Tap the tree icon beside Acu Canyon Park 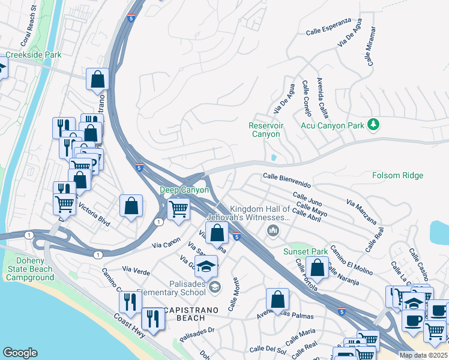click(374, 124)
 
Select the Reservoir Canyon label click(265, 130)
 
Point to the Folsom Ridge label click(397, 176)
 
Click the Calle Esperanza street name click(328, 27)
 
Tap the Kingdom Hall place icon click(273, 230)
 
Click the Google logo click(20, 353)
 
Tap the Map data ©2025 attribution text click(423, 355)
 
